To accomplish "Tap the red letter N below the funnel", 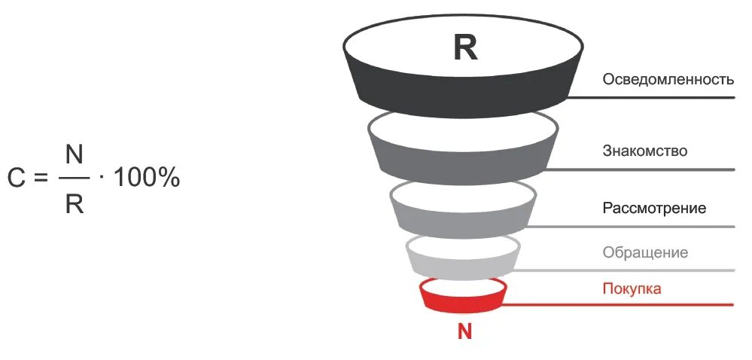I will coord(464,331).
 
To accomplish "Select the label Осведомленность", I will coord(667,80).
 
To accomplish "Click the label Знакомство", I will coord(644,151).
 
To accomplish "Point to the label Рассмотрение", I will coord(654,208).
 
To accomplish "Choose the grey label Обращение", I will coord(645,252).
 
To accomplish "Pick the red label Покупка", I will coord(632,288).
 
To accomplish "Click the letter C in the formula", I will coord(17,179).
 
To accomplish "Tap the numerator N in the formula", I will coord(74,155).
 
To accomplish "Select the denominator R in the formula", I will coord(74,203).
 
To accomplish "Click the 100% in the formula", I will coord(146,179).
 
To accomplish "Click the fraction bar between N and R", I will coord(74,179).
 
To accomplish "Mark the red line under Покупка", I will coord(617,304).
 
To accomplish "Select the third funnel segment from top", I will coord(463,218).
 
